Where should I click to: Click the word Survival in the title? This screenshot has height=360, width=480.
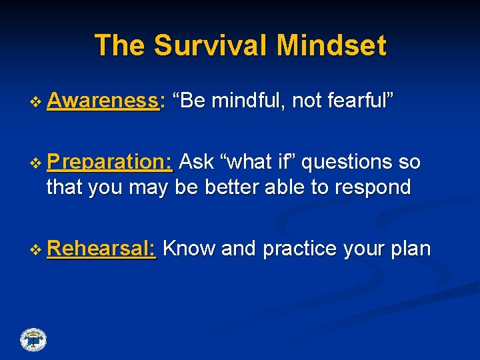point(210,45)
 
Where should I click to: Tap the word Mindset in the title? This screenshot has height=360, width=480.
point(331,45)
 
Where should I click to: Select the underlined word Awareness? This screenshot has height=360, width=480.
point(103,100)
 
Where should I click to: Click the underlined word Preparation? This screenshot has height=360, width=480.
point(109,162)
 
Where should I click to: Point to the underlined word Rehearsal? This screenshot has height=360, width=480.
point(101,248)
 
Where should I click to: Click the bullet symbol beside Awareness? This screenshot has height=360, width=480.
point(35,102)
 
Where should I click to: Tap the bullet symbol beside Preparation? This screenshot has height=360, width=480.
point(35,163)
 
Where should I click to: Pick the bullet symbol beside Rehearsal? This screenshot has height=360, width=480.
point(35,250)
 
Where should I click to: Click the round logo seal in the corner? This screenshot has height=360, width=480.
point(33,340)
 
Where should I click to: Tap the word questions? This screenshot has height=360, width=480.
point(347,162)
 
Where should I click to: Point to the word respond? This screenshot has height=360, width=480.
point(373,187)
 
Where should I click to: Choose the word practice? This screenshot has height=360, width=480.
point(300,249)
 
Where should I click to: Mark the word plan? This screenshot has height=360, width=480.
point(411,249)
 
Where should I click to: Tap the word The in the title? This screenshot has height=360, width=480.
point(119,45)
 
